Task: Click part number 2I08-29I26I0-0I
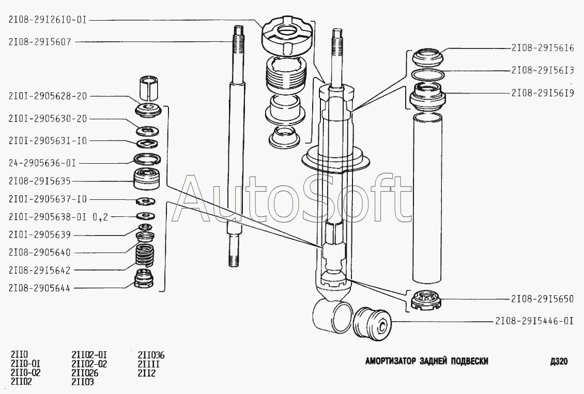click(48, 20)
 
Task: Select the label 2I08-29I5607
click(39, 42)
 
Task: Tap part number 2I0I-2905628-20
click(48, 96)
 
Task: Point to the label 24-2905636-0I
click(42, 163)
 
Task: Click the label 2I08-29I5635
click(39, 181)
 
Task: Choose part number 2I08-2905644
click(39, 288)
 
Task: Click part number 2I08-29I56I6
click(542, 48)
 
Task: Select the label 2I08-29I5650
click(542, 299)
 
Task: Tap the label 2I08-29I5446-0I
click(534, 321)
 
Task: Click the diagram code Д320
click(559, 361)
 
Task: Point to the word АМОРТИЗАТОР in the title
click(390, 361)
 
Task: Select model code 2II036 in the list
click(151, 355)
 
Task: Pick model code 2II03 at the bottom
click(83, 382)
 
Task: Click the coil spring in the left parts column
click(145, 256)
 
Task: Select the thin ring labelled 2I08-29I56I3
click(428, 74)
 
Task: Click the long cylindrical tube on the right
click(427, 198)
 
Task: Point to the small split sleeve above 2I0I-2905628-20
click(149, 88)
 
